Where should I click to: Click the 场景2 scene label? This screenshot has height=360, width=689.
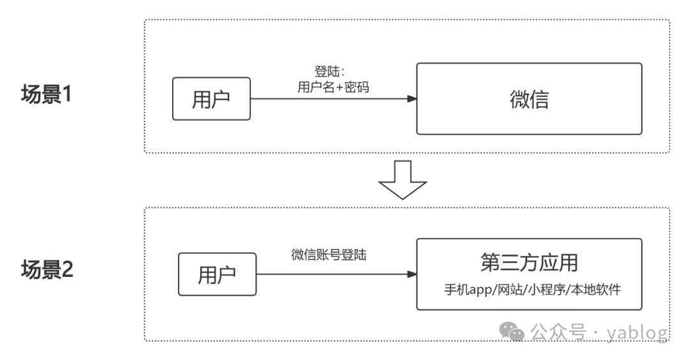48,269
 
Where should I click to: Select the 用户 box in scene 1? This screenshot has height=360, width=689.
211,99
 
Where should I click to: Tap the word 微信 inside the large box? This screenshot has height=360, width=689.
529,99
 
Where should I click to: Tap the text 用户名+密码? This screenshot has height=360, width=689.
333,88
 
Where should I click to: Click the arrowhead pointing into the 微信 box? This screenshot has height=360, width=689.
412,99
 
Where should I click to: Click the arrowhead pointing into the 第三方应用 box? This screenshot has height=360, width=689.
412,274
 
